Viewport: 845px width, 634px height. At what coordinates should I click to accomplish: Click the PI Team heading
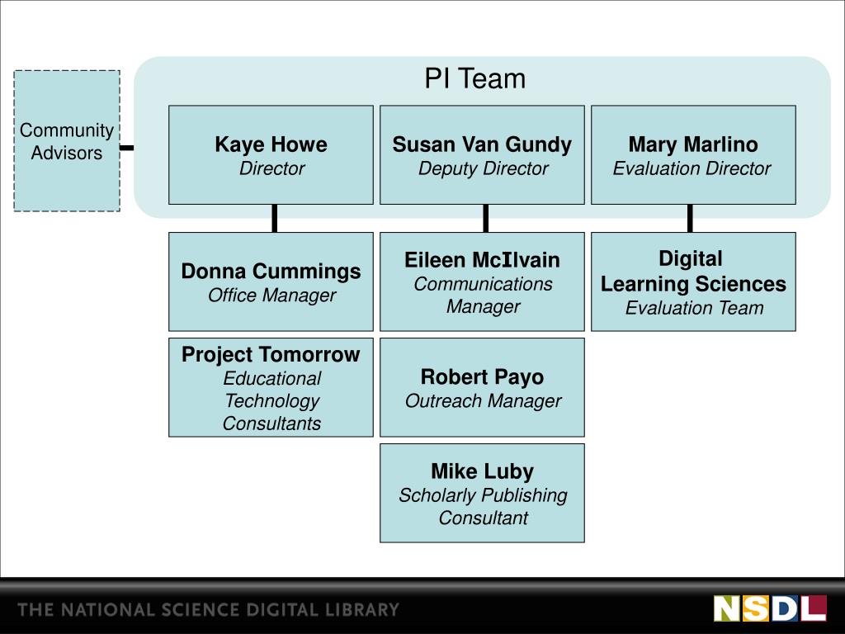point(474,79)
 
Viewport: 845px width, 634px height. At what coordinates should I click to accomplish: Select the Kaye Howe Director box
point(271,154)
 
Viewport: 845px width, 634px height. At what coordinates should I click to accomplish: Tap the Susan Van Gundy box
point(482,154)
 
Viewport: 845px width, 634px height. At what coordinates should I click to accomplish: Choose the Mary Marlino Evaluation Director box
point(693,154)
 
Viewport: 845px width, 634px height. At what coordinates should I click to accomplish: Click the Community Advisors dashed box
point(67,141)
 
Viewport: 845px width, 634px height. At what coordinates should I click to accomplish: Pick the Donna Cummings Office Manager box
point(271,282)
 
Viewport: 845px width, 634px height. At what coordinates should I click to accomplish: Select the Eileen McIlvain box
point(482,282)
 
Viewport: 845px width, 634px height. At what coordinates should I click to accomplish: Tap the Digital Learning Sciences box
point(693,282)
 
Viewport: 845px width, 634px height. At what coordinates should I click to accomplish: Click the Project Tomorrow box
point(271,387)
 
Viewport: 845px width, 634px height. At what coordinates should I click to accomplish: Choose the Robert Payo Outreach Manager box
point(482,387)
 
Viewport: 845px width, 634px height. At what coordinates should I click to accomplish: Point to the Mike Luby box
point(482,493)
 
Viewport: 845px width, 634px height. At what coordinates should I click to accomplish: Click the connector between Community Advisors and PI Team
point(127,149)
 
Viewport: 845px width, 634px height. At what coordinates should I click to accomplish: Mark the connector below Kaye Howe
point(274,218)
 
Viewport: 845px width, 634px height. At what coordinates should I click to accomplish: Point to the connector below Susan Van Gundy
point(486,218)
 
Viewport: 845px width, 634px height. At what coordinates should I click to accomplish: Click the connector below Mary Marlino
point(690,218)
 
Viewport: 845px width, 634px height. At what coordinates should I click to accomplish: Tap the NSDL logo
point(770,608)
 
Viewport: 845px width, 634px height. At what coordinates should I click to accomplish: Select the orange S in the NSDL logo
point(756,608)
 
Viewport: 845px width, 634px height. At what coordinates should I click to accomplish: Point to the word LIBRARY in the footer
point(362,611)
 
